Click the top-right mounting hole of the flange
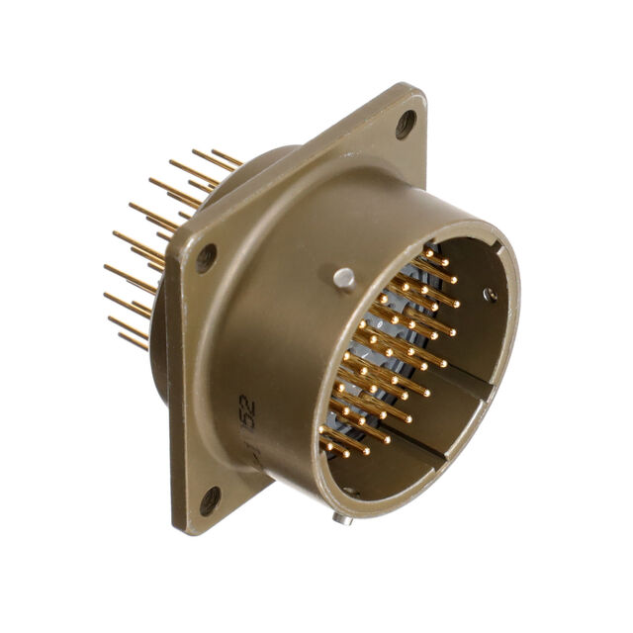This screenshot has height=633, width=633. [406, 124]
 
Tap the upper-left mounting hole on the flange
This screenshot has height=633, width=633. [206, 258]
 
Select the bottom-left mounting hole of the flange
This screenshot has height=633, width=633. [210, 500]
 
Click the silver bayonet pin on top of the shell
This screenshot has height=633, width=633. [343, 279]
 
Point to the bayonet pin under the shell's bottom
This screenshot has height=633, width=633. [341, 516]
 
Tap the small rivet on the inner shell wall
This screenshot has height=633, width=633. [490, 294]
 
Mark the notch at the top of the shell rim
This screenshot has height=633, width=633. [431, 247]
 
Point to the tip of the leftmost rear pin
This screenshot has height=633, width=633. [107, 267]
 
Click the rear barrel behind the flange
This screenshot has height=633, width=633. [259, 163]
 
